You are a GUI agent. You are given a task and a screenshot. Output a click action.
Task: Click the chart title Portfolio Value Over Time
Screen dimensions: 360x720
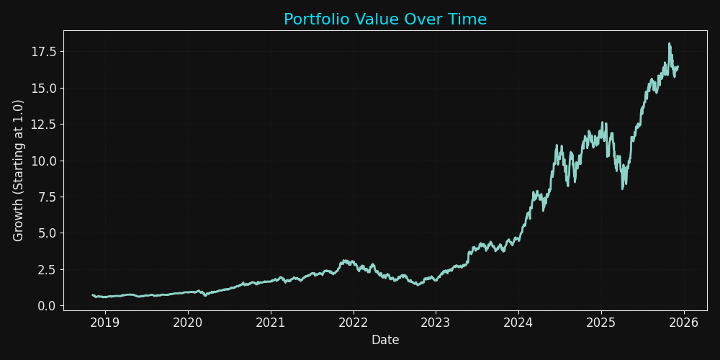pos(385,19)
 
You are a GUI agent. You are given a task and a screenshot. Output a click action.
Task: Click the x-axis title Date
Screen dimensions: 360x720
pos(385,340)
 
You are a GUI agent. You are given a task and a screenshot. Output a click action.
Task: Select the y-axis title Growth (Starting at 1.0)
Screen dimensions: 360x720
pos(19,171)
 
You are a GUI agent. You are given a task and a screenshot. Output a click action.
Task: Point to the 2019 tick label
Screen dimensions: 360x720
pos(105,321)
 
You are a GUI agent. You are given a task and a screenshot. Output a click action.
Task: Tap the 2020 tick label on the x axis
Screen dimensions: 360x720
pos(188,321)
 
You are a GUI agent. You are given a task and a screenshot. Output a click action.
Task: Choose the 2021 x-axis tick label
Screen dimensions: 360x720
pos(271,321)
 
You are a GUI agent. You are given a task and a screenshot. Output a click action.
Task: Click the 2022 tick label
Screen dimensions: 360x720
pos(354,321)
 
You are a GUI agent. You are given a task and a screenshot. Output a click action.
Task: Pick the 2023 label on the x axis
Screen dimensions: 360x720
pos(436,321)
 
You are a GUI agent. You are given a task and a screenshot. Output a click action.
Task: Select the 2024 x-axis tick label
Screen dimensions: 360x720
pos(518,321)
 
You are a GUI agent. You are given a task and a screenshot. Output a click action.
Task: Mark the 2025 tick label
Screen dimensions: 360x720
pos(601,321)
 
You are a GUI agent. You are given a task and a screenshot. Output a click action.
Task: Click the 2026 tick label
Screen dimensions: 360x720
pos(684,321)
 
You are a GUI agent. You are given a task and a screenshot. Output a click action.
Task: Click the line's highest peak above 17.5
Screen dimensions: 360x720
pos(670,44)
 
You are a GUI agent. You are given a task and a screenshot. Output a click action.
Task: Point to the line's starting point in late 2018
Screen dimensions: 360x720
pos(93,295)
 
